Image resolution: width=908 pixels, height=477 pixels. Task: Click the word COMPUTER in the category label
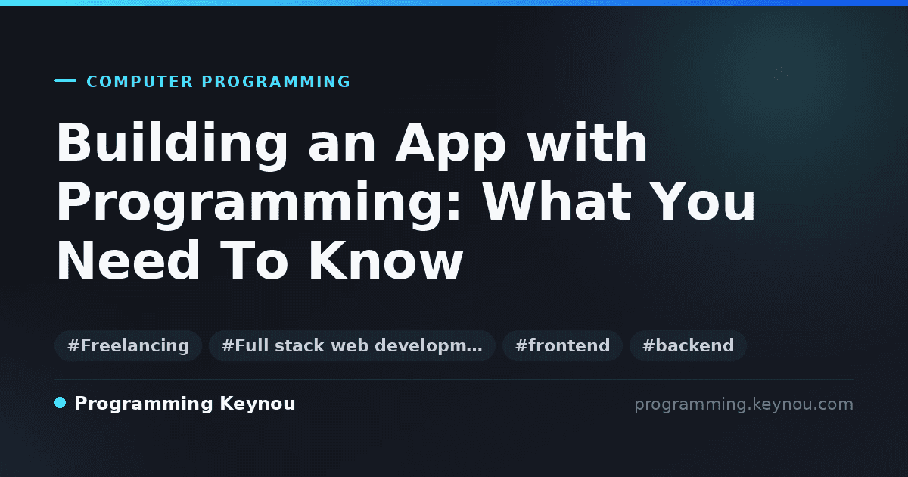click(x=139, y=82)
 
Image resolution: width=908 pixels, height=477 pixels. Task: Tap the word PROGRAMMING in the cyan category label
click(x=276, y=82)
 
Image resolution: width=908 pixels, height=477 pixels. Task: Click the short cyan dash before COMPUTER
click(x=65, y=80)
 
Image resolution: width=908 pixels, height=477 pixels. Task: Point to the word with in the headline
click(x=587, y=142)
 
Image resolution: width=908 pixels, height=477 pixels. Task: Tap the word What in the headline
click(x=558, y=201)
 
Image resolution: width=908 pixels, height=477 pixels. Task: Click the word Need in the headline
click(x=128, y=260)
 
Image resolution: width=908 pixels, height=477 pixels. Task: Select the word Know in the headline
click(x=386, y=260)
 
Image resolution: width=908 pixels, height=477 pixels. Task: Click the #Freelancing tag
click(x=128, y=345)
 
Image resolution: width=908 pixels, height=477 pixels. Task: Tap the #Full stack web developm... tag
click(x=352, y=345)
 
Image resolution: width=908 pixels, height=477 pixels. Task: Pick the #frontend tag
click(x=562, y=345)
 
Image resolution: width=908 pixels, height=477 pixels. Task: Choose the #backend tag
click(x=688, y=345)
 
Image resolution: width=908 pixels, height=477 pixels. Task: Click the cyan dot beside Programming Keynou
click(x=61, y=403)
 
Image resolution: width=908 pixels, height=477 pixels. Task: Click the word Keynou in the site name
click(x=257, y=404)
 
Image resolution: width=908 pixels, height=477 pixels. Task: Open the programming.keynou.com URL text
click(x=744, y=404)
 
